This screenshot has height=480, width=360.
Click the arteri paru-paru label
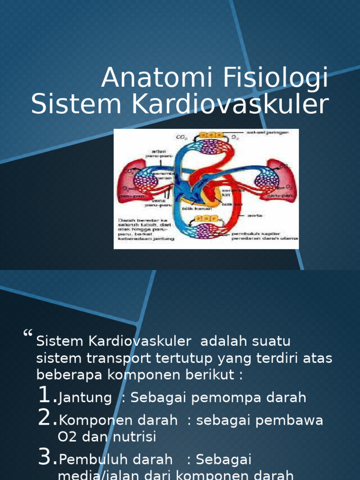[x=161, y=154]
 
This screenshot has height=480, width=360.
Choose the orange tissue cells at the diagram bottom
[x=206, y=219]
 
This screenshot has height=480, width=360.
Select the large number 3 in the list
[x=46, y=457]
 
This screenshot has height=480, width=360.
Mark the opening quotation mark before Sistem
[x=28, y=335]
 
